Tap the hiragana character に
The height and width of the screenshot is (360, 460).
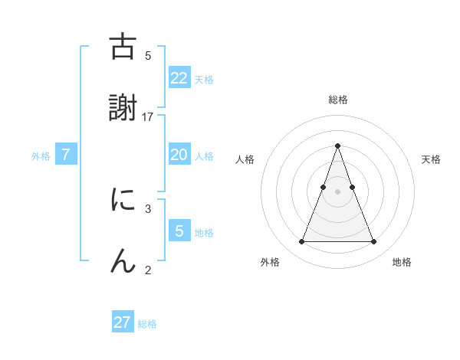[123, 200]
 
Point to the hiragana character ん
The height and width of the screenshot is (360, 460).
[123, 260]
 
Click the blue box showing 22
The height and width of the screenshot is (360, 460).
[179, 77]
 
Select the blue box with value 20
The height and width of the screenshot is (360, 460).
[179, 155]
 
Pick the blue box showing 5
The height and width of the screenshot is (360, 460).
[179, 231]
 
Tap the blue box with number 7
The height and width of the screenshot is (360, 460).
[66, 155]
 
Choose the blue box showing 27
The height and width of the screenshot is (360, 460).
[123, 322]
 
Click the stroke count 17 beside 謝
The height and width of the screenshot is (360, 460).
[148, 116]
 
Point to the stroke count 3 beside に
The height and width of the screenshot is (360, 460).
[148, 208]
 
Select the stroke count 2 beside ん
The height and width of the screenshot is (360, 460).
[148, 269]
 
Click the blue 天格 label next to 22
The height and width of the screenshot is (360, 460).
[204, 79]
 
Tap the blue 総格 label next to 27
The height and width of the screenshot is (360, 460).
[147, 324]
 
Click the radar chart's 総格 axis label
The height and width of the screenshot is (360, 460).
[338, 100]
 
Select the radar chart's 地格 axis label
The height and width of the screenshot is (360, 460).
[402, 262]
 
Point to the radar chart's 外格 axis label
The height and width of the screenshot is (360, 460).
[270, 262]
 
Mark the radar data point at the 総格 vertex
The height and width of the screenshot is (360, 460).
[337, 146]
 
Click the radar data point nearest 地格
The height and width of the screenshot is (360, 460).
[374, 242]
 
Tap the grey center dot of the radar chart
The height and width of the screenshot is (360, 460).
[337, 191]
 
